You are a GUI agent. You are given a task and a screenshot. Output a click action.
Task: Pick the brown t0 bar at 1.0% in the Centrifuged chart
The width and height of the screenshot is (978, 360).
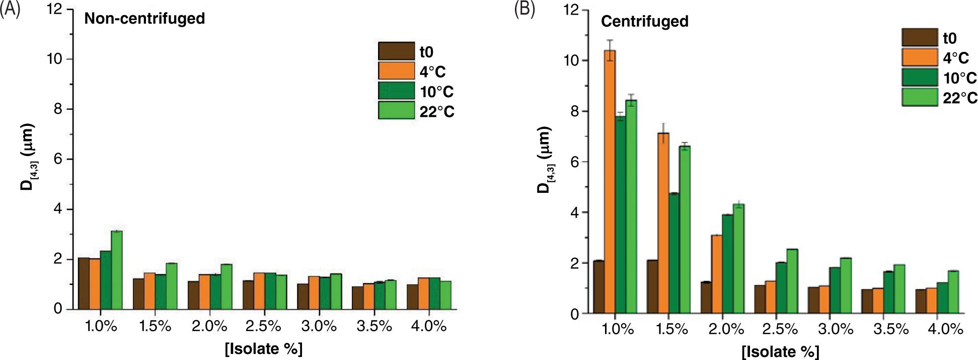(x=598, y=287)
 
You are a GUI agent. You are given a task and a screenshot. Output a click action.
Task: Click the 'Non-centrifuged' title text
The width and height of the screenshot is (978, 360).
(x=144, y=19)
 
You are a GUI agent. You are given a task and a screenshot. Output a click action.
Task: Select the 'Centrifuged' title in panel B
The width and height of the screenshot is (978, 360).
(x=645, y=22)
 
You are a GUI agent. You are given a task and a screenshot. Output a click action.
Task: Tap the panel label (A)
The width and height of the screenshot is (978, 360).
(x=10, y=10)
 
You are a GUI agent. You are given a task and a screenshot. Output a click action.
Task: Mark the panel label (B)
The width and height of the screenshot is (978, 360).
(x=524, y=10)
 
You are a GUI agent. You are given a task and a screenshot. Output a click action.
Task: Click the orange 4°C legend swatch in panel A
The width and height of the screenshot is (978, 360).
(x=396, y=71)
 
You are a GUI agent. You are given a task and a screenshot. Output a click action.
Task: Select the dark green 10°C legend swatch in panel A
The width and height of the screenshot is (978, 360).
(x=396, y=91)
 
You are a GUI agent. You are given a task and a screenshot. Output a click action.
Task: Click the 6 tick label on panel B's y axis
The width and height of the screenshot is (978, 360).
(x=572, y=162)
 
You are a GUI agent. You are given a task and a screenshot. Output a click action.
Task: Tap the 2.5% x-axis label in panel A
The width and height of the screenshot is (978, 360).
(x=263, y=326)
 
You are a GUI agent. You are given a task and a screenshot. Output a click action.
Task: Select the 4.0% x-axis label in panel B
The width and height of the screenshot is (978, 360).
(x=945, y=330)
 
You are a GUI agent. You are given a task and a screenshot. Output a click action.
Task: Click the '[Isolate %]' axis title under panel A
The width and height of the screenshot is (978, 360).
(x=263, y=349)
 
